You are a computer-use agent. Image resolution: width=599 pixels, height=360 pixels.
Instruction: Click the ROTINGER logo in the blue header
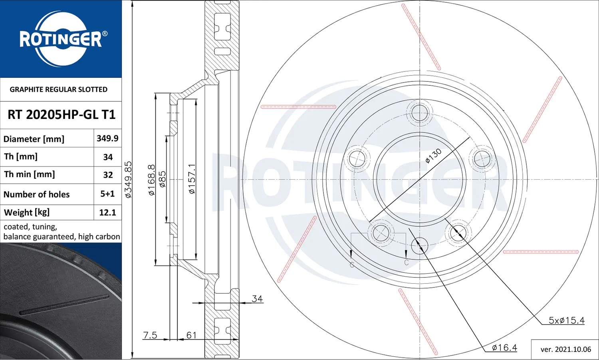[61, 39]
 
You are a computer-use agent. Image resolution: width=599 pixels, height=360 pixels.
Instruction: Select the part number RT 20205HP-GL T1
[61, 115]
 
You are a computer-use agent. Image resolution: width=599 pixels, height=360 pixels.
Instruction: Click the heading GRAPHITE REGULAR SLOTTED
[59, 89]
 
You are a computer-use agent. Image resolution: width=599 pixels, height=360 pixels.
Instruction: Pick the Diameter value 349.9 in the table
[107, 138]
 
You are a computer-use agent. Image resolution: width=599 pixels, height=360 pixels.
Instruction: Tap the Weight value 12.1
[107, 212]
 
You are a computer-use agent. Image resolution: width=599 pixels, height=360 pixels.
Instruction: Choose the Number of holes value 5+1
[107, 194]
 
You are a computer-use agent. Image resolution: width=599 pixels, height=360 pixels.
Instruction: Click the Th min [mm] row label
[30, 174]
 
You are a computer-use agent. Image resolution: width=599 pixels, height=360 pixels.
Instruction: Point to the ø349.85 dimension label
[129, 179]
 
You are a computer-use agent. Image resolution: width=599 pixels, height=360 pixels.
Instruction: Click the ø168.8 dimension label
[152, 180]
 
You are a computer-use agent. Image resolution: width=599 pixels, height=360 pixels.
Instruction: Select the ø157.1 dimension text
[192, 179]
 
